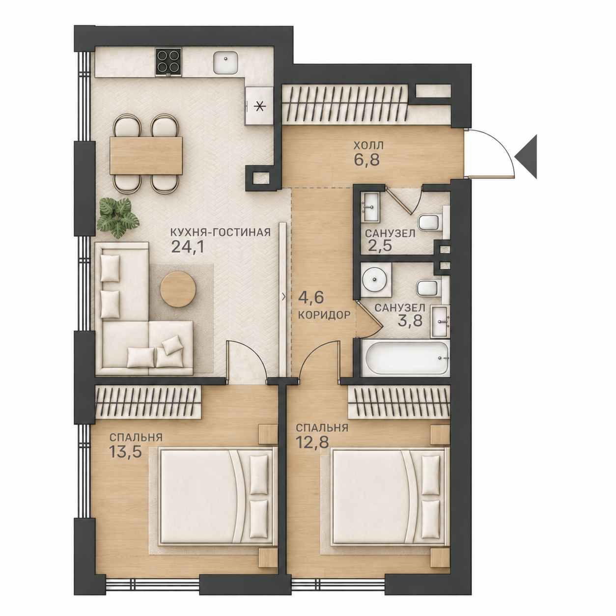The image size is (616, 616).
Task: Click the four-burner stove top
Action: pos(168,62)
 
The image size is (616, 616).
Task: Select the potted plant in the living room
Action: pos(118,217)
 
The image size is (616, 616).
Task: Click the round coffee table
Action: pos(178,289)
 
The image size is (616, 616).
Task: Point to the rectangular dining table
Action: pos(146,156)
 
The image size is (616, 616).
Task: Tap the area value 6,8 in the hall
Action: pos(366,159)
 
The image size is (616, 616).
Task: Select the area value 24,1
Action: pos(188,246)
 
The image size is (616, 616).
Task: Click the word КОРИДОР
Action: pos(322,315)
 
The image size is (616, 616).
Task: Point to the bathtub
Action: pos(405,359)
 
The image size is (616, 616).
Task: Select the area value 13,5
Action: pos(125,451)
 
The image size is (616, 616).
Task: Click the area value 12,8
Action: pos(312,442)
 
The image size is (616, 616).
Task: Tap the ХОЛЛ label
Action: pos(368,146)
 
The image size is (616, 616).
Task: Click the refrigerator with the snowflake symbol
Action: pos(259,106)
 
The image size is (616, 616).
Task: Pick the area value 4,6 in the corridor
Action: pos(311,297)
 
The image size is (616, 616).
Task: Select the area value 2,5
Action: pos(379,247)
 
